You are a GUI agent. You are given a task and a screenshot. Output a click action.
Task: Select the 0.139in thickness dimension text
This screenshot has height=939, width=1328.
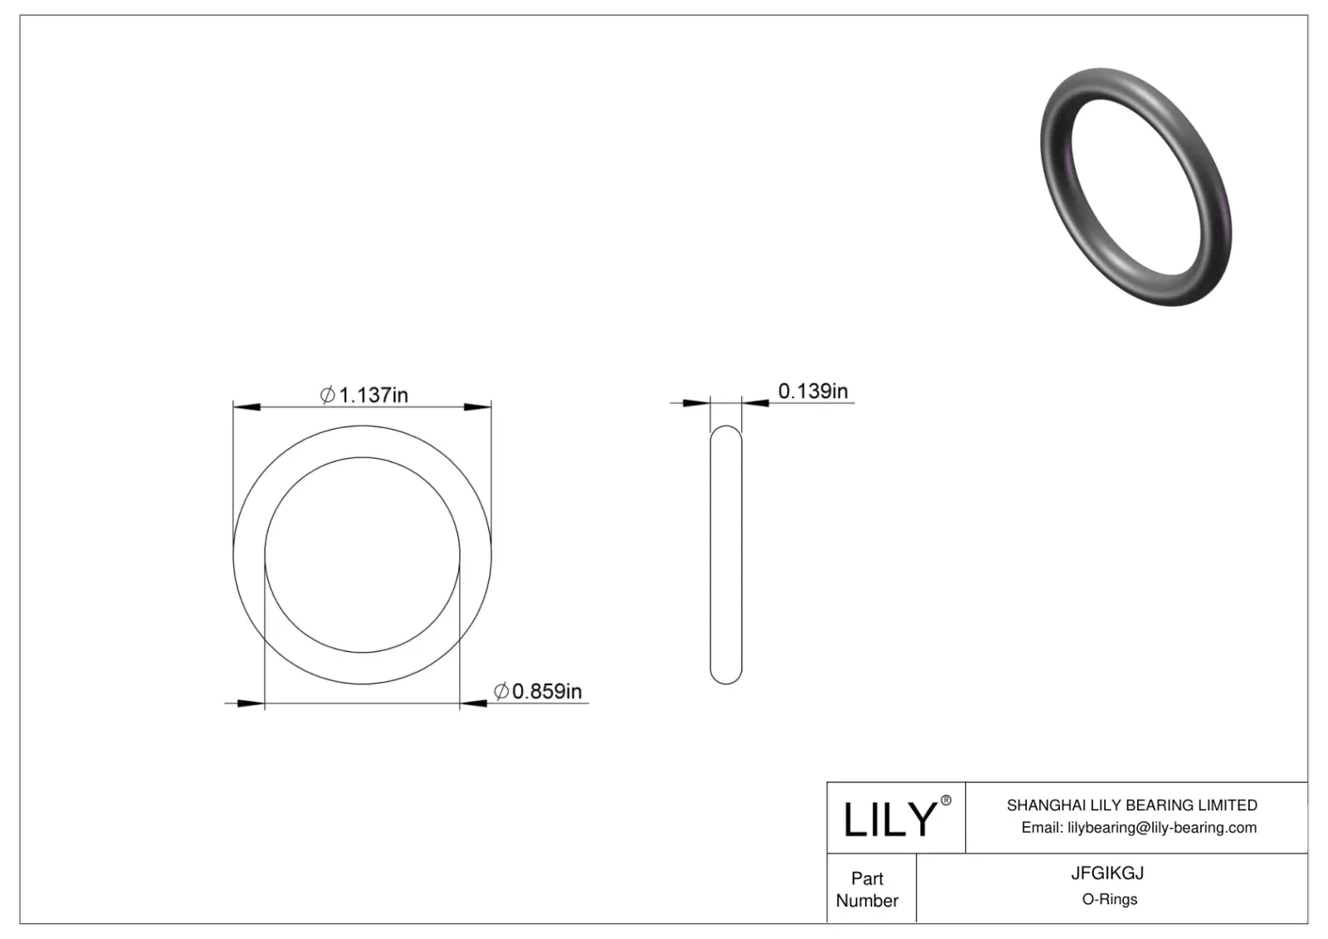tap(813, 391)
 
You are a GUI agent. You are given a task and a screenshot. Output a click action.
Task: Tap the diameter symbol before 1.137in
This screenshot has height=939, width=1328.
tap(328, 395)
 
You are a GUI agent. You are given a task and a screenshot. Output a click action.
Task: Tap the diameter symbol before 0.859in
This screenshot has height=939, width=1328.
tap(501, 691)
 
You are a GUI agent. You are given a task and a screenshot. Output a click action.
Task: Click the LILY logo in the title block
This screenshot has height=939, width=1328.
tap(890, 819)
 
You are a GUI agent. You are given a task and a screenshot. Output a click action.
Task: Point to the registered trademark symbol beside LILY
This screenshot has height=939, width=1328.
tap(945, 800)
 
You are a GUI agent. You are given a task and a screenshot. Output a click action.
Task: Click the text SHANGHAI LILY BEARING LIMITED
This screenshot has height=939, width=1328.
tap(1131, 805)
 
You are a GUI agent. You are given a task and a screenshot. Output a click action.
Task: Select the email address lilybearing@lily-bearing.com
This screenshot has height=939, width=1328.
tap(1162, 827)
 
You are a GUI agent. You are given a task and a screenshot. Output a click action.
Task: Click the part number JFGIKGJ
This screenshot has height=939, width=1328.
tap(1107, 873)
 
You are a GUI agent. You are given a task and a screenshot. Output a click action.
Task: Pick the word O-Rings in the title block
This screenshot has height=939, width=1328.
tap(1109, 899)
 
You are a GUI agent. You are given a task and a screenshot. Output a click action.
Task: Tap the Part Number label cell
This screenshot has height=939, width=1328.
tap(867, 888)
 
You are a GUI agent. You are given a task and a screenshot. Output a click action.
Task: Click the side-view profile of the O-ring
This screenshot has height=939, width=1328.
tap(725, 554)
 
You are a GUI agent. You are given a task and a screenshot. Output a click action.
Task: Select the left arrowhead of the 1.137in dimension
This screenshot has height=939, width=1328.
tap(247, 406)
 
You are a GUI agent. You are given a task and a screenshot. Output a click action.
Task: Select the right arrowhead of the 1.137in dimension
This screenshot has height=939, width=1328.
tap(477, 406)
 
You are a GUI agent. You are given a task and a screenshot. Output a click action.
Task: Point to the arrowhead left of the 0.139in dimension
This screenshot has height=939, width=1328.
tap(696, 403)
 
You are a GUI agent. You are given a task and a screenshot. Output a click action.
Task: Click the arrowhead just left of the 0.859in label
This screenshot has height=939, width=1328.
tap(475, 703)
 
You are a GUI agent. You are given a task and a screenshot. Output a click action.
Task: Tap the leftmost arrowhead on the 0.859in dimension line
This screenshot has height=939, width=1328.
tap(250, 703)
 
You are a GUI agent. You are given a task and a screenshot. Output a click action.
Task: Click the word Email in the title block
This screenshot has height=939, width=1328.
tap(1041, 827)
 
